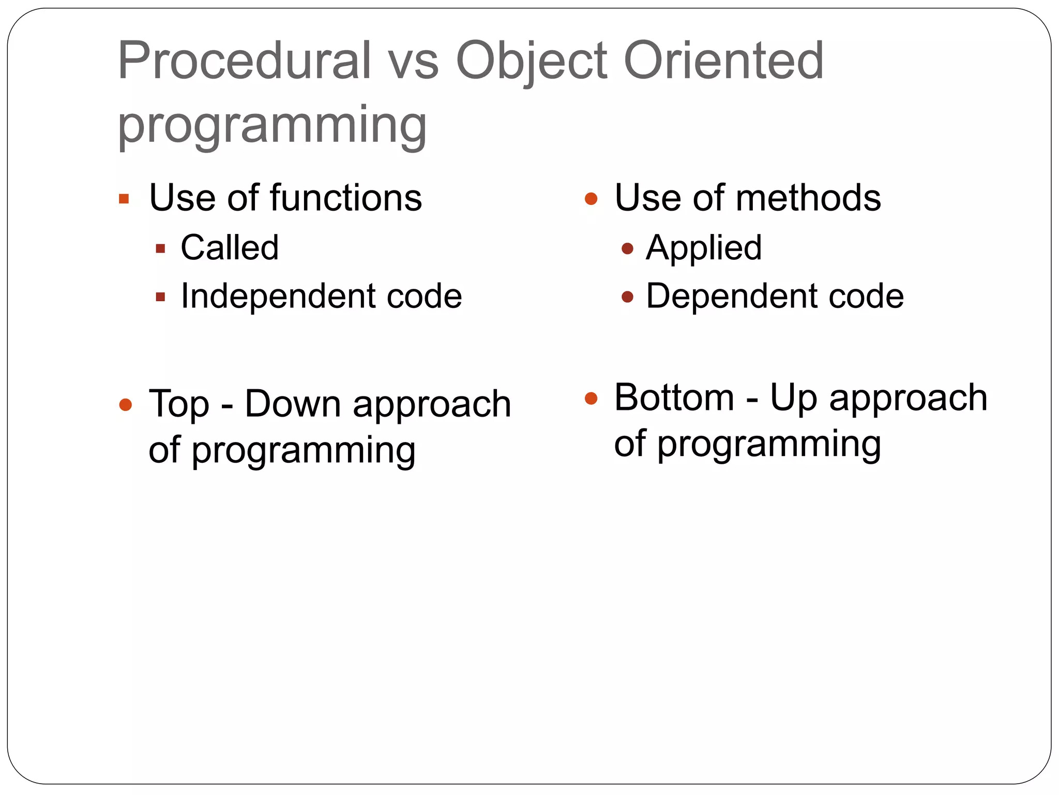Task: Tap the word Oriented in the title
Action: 723,61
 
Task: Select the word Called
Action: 230,247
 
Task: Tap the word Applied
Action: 704,248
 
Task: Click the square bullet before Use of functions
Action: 124,199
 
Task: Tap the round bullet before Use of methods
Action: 591,199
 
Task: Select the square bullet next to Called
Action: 160,249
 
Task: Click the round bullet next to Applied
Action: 627,249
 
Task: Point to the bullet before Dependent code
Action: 627,297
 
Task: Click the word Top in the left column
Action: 179,404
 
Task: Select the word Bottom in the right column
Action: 674,397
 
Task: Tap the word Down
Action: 292,404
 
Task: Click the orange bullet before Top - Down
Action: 126,405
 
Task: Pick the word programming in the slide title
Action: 272,126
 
